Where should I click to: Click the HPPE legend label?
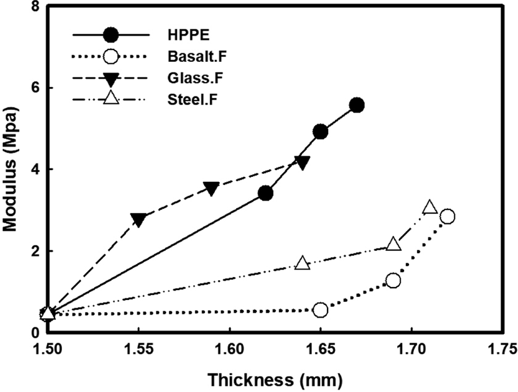tap(189, 34)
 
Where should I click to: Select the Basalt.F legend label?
tap(197, 56)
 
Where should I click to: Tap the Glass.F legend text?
tap(195, 78)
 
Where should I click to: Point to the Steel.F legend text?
tap(192, 99)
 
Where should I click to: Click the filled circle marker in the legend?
tap(110, 35)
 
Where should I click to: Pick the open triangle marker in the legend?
tap(110, 98)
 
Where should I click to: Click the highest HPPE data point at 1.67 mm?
tap(357, 105)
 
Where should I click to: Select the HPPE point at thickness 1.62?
tap(266, 193)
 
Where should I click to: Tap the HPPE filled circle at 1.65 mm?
tap(321, 132)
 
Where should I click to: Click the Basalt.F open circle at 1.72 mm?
tap(447, 216)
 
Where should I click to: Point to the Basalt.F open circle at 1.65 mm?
tap(321, 310)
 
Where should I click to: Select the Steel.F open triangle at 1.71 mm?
tap(430, 207)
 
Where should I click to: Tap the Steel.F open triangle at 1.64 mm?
tap(303, 263)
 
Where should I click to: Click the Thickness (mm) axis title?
tap(275, 380)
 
